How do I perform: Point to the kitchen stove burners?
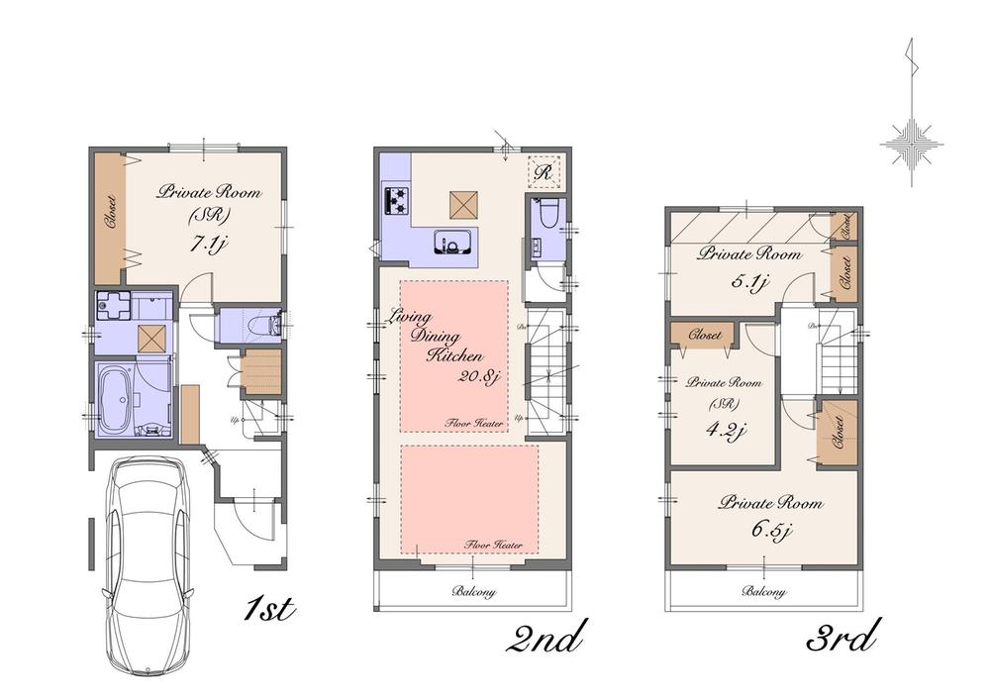pos(396,201)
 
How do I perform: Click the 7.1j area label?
pos(210,242)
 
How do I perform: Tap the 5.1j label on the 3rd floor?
pos(748,281)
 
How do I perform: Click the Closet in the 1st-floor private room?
pos(109,213)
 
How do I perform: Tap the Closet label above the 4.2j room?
pos(703,336)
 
